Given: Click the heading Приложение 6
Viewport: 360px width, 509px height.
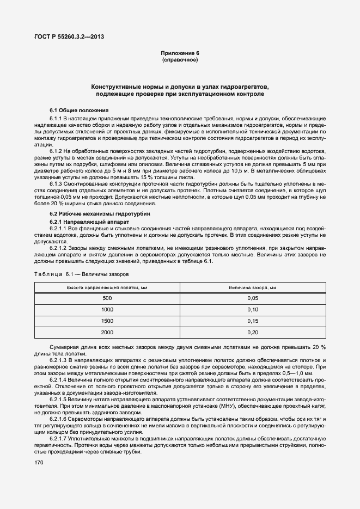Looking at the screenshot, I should pyautogui.click(x=180, y=53).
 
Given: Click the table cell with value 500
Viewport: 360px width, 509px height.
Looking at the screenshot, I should pyautogui.click(x=107, y=298).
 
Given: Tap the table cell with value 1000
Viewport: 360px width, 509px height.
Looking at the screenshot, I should pyautogui.click(x=107, y=310).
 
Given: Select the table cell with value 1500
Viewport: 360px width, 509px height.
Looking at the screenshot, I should pyautogui.click(x=107, y=321).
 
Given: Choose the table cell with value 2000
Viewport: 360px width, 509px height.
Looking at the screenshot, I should pyautogui.click(x=107, y=332).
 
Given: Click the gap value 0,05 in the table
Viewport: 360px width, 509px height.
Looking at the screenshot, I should pyautogui.click(x=253, y=298).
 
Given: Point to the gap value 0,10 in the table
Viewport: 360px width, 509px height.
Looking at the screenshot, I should pyautogui.click(x=253, y=310).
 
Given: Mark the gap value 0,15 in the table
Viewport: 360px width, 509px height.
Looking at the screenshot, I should pyautogui.click(x=253, y=321).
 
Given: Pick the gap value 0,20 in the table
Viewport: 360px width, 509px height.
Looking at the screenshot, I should pyautogui.click(x=253, y=332).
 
